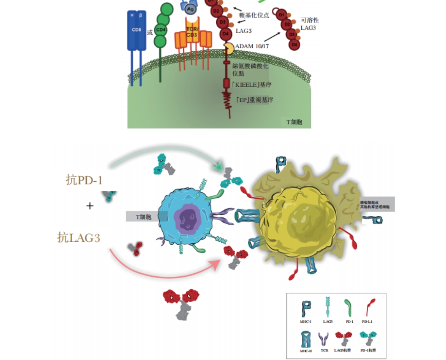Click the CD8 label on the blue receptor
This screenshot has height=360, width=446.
click(x=136, y=29)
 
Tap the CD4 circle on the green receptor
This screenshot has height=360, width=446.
click(x=160, y=30)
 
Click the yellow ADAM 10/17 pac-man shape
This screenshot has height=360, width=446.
click(x=228, y=49)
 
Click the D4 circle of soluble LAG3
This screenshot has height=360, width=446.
click(x=294, y=45)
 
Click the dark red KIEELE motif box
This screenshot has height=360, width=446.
click(x=226, y=83)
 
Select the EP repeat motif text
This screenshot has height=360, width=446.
click(x=255, y=100)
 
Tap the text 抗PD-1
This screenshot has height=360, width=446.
click(x=84, y=180)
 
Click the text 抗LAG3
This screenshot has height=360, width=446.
click(x=78, y=237)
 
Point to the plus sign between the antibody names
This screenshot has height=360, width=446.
click(x=90, y=205)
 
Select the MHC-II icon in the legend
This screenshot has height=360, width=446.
click(x=306, y=339)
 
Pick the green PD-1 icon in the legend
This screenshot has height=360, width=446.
click(x=349, y=307)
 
